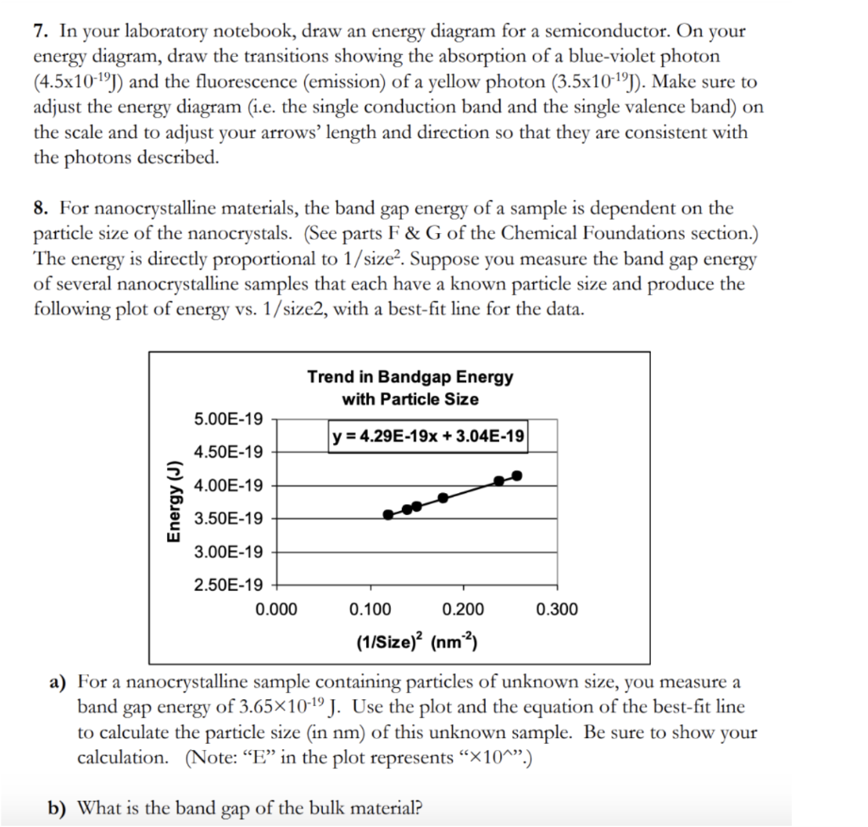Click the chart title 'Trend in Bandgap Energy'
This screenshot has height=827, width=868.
(x=409, y=376)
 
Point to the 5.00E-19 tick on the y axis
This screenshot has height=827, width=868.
(x=228, y=419)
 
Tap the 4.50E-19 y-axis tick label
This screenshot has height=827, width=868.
(x=228, y=452)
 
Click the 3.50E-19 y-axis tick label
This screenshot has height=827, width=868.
(x=228, y=519)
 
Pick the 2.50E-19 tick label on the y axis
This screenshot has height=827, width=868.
(x=228, y=585)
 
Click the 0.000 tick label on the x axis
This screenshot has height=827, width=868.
(x=276, y=609)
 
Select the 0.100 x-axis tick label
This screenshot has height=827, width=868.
(x=370, y=609)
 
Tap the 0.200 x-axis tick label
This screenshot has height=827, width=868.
(x=464, y=609)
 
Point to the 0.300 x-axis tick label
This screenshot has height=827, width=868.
(x=557, y=609)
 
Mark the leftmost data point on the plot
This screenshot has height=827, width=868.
(x=388, y=514)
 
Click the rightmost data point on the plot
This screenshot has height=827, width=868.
(x=518, y=476)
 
